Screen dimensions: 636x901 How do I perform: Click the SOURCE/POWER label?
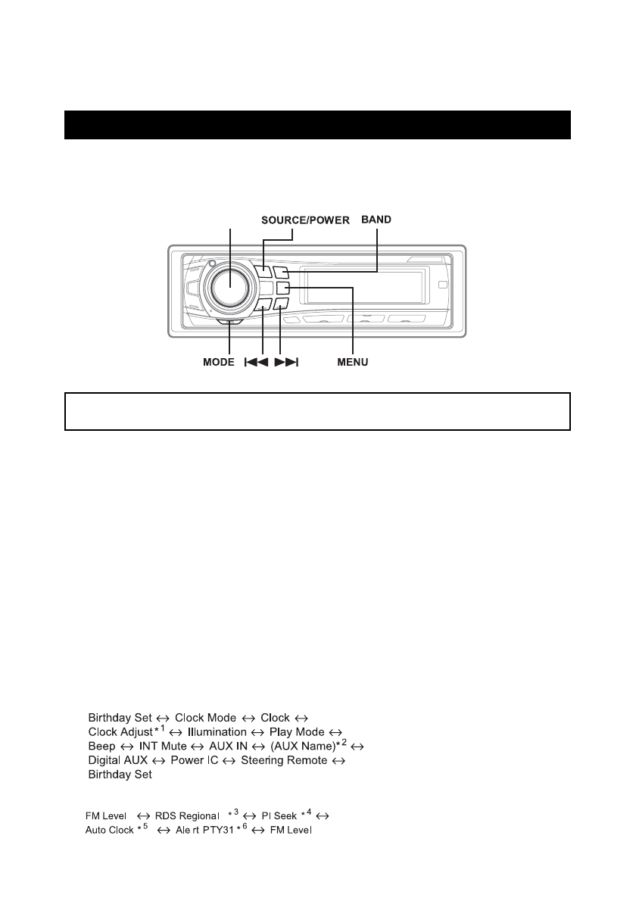tap(305, 220)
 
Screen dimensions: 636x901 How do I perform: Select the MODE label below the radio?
tap(219, 363)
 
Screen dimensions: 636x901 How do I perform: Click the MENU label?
tap(353, 363)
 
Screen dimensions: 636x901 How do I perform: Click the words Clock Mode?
tap(207, 717)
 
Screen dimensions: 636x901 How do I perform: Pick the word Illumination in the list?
tap(217, 732)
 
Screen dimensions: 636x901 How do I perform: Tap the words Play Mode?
tap(297, 732)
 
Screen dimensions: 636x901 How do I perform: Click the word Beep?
tap(101, 747)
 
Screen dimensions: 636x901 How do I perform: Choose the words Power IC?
tap(195, 760)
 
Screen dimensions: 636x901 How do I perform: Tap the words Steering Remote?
tap(284, 760)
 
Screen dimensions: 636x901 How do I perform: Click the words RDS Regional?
tap(185, 816)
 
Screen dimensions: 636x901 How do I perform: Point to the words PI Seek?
tap(279, 816)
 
